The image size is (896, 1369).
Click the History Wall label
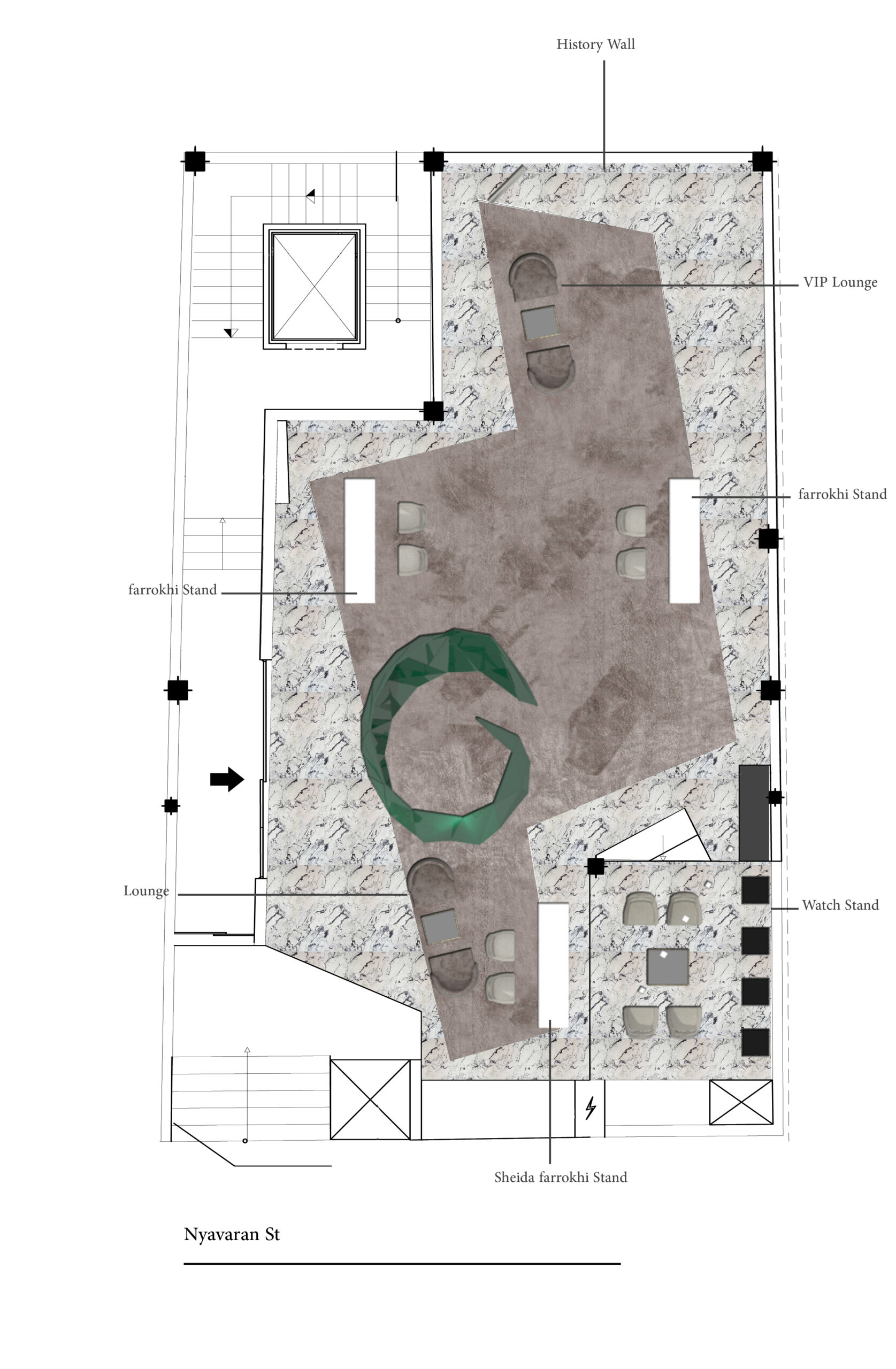[x=595, y=44]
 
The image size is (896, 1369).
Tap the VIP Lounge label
[x=840, y=282]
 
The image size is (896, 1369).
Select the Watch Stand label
[x=840, y=905]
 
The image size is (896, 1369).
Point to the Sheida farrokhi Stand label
[x=560, y=1177]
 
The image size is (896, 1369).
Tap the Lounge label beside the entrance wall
[x=146, y=891]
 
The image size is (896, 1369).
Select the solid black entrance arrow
[x=227, y=779]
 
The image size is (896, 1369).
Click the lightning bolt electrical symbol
[x=590, y=1108]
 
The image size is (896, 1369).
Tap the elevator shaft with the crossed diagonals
[x=313, y=286]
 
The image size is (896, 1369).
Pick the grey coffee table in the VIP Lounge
[x=539, y=322]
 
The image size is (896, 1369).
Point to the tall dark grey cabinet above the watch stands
[x=754, y=813]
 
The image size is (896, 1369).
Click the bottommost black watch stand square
[x=755, y=1042]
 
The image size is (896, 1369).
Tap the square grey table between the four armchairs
[x=668, y=966]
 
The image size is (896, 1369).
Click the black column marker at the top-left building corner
[x=195, y=161]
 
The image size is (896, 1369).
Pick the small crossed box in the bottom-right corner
[x=741, y=1102]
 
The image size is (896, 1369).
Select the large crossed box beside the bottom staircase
[x=370, y=1100]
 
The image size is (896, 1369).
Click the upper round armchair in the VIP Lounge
[x=533, y=276]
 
